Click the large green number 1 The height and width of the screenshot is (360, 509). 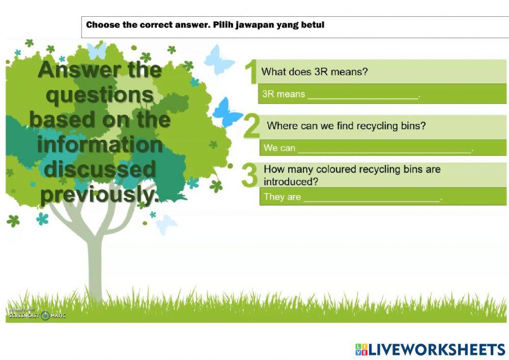coord(250,72)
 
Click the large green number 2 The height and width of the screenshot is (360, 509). coord(251,127)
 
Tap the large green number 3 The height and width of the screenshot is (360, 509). coord(249,175)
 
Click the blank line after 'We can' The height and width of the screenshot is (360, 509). coord(384,149)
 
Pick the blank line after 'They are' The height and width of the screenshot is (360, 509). coord(372,198)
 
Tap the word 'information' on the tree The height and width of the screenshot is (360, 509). coord(99,145)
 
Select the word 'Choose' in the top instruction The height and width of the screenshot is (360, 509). coord(103,24)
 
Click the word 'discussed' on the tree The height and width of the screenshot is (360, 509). coord(100,170)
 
